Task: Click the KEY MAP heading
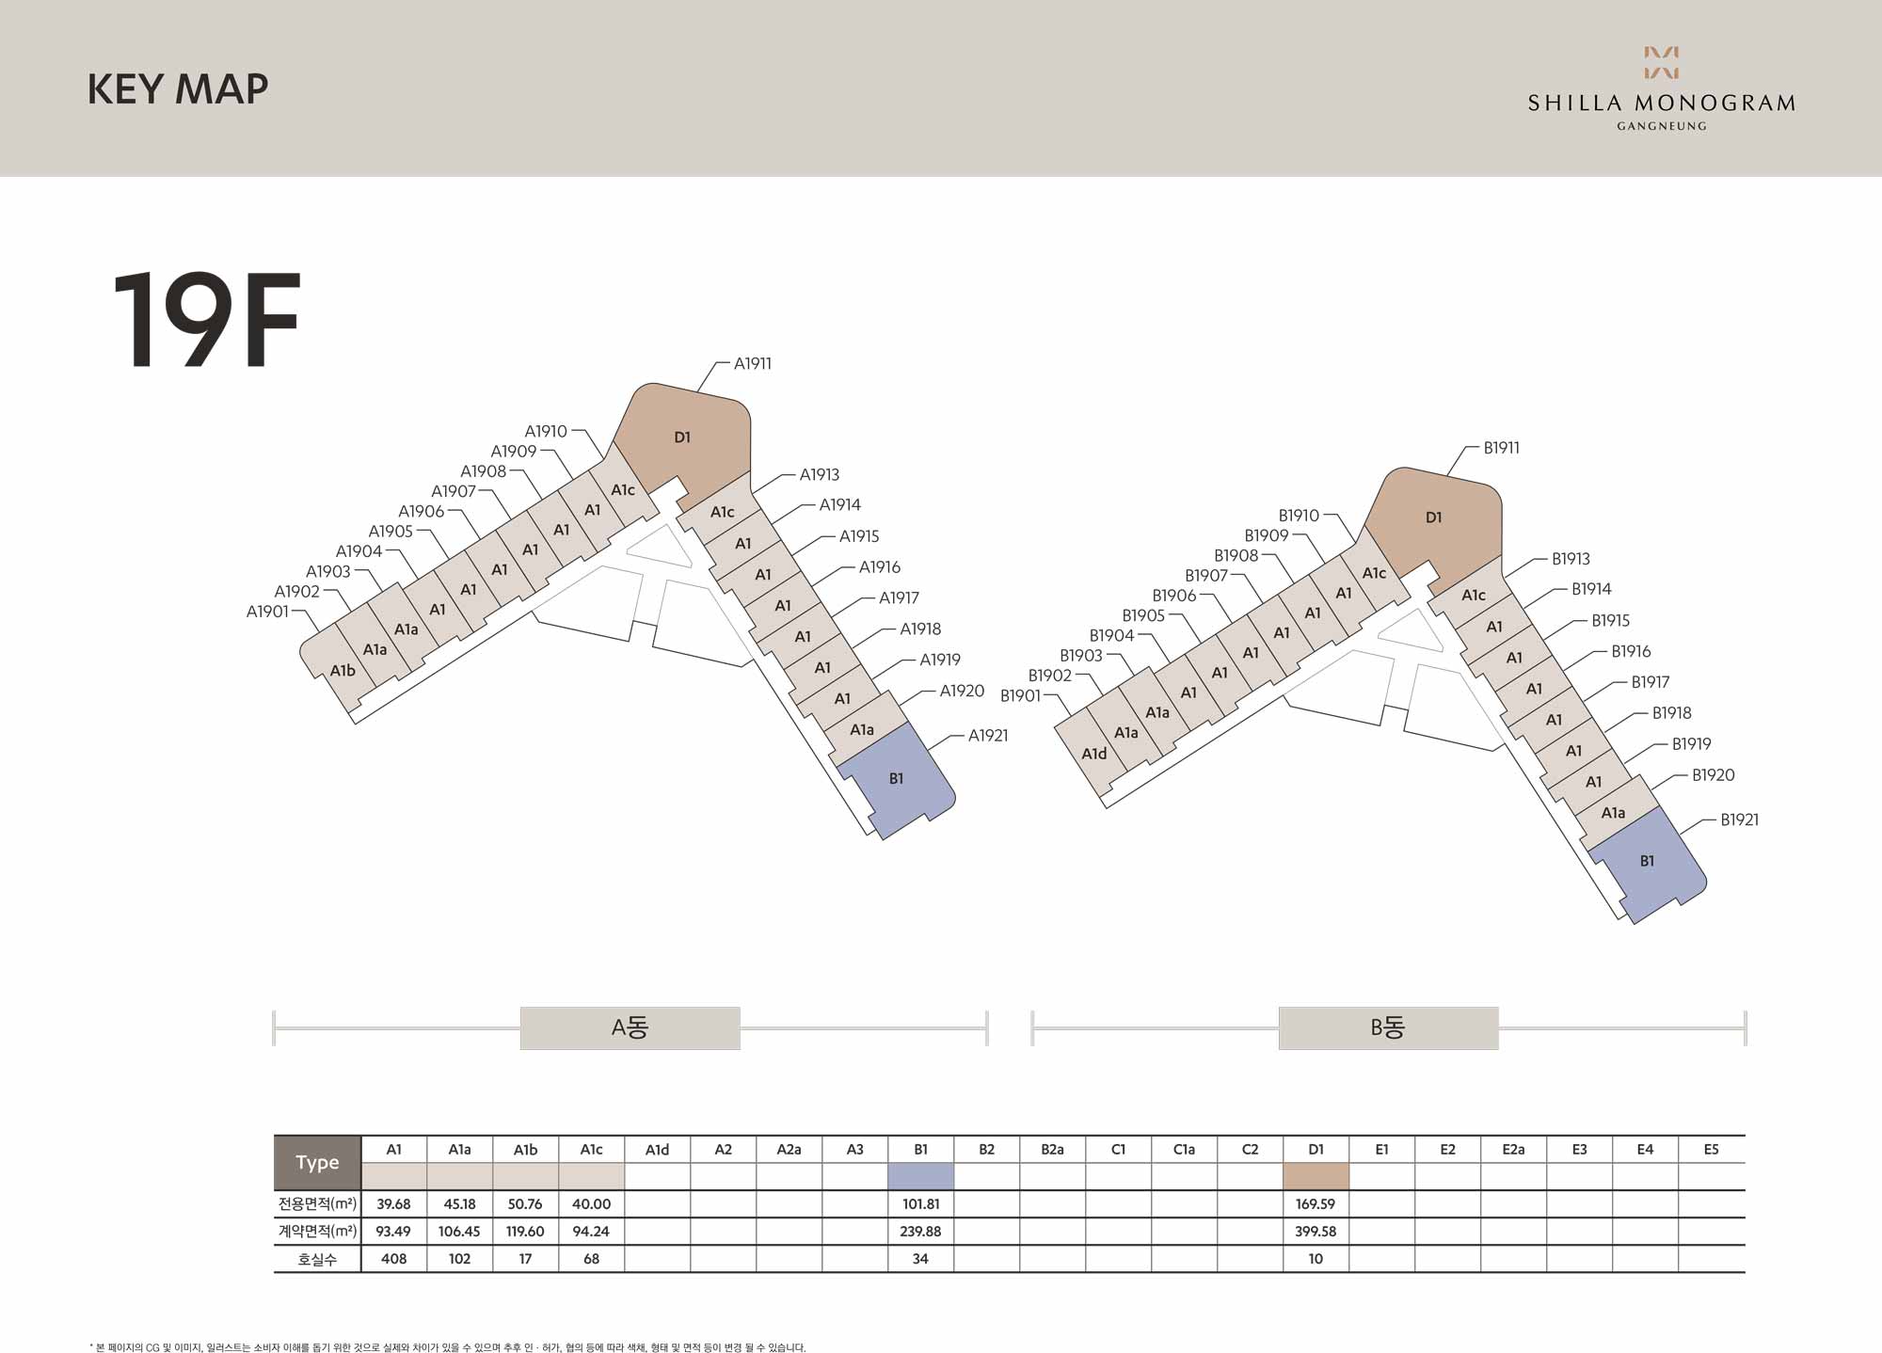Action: coord(178,89)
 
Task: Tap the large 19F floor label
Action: coord(206,320)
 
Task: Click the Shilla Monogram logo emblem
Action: coord(1661,62)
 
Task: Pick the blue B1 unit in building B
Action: coord(1646,863)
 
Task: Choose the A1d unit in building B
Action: coord(1093,755)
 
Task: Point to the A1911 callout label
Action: coord(753,363)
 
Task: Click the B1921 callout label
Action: coord(1739,820)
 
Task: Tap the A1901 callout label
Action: coord(267,612)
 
